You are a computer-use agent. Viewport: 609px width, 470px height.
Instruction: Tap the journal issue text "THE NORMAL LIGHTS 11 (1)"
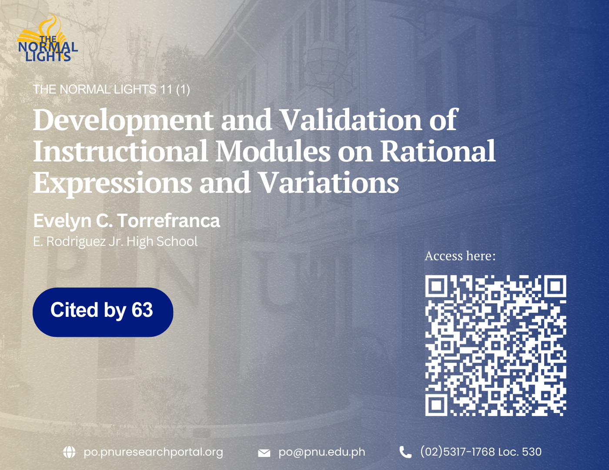(x=111, y=89)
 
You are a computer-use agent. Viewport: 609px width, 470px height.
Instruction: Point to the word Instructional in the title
(x=120, y=151)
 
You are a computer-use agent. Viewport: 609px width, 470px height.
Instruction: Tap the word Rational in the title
(x=438, y=151)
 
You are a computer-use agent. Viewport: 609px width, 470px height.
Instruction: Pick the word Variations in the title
(x=329, y=182)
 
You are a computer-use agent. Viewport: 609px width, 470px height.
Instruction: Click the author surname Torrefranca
(x=169, y=221)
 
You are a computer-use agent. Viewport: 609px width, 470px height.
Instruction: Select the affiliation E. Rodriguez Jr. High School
(x=115, y=242)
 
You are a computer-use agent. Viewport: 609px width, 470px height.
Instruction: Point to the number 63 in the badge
(x=142, y=310)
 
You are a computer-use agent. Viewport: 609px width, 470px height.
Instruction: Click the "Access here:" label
(x=460, y=256)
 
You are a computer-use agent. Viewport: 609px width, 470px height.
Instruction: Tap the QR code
(x=495, y=346)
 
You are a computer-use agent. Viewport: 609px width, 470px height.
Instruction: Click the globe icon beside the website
(x=69, y=452)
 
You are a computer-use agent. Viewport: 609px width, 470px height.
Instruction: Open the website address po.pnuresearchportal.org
(x=153, y=452)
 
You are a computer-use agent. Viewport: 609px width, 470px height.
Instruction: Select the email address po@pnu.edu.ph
(x=322, y=452)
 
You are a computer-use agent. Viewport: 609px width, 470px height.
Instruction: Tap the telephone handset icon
(x=405, y=452)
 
